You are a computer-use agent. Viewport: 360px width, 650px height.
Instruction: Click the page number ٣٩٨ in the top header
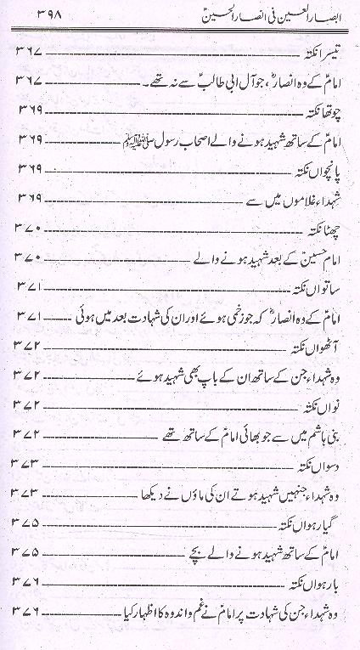31,14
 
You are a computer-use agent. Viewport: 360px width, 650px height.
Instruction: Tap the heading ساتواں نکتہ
318,287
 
